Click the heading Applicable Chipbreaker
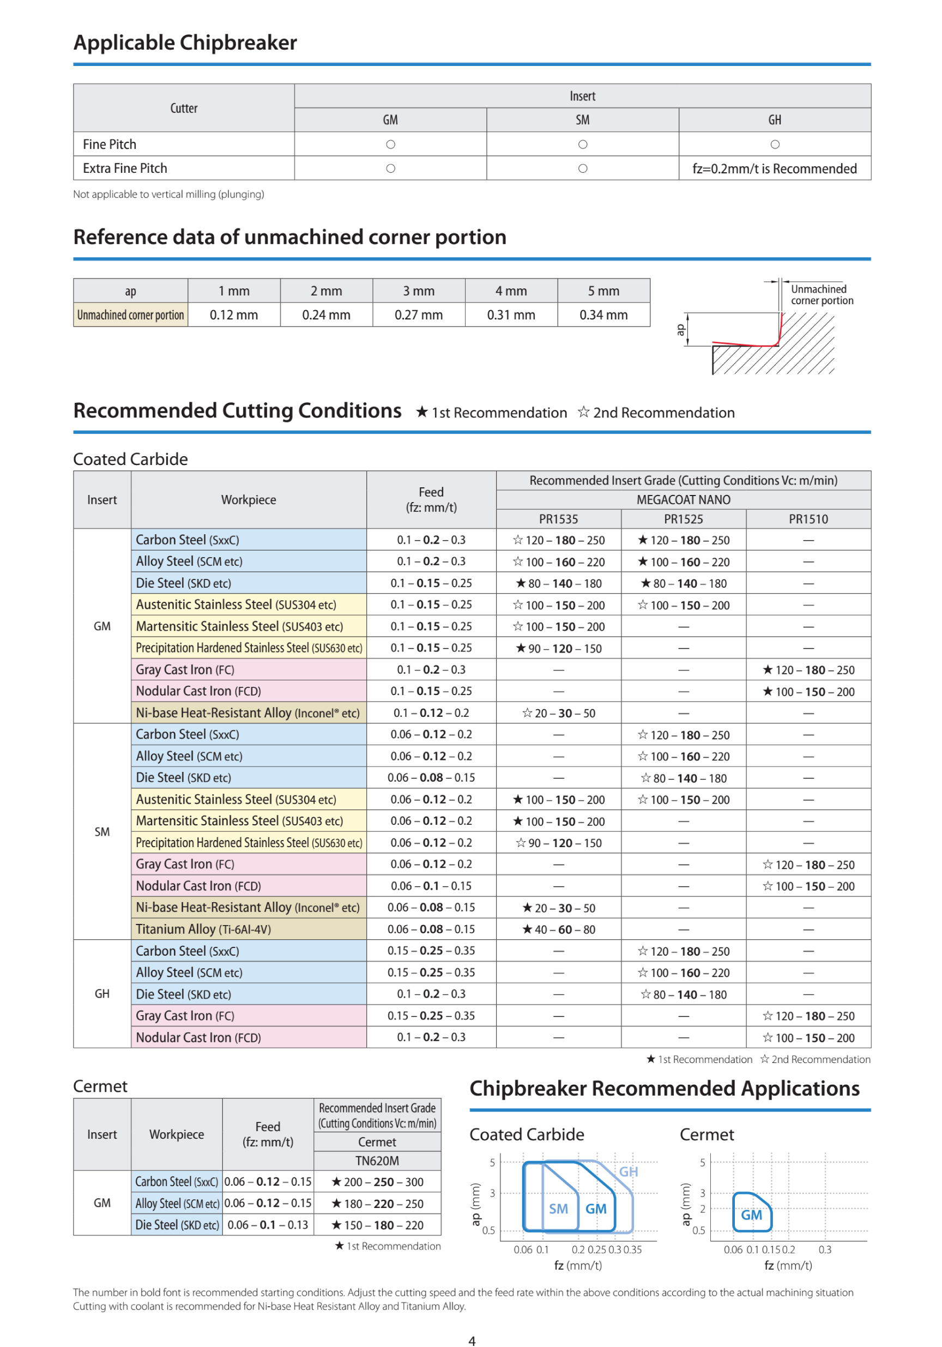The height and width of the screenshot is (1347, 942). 185,43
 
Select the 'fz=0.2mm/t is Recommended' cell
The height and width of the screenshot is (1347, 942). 774,169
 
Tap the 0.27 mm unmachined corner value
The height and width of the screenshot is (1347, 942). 418,315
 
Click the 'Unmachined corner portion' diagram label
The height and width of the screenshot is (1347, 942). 821,295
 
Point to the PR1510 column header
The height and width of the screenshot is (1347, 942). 808,519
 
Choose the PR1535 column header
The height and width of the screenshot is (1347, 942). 558,519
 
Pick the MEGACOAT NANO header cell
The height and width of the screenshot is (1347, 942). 683,500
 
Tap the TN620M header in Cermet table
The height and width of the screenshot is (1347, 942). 377,1161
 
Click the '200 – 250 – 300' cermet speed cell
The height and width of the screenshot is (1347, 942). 377,1182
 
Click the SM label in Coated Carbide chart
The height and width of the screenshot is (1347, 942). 558,1209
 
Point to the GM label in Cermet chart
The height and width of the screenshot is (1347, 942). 751,1215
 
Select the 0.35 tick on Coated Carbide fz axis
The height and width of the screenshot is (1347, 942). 633,1249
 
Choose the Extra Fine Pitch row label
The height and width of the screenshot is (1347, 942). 125,169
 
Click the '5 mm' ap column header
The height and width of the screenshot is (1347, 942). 603,291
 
